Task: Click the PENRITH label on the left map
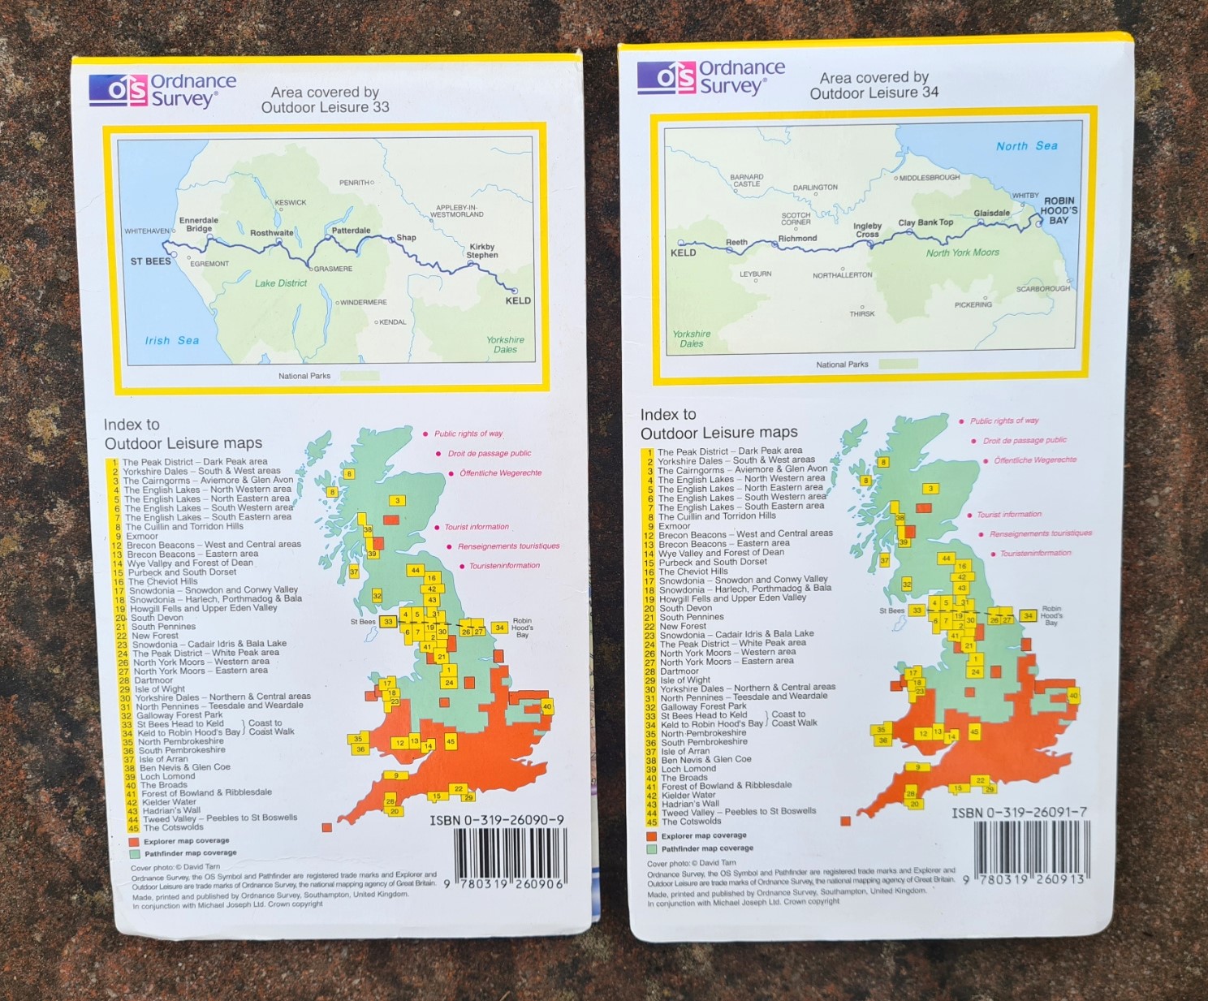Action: pos(355,183)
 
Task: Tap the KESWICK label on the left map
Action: pos(290,202)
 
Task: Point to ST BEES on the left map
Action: pos(151,261)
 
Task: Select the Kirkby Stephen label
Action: pos(481,251)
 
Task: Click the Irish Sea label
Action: pos(172,341)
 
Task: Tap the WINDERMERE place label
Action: pos(363,303)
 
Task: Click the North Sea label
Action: pos(1026,146)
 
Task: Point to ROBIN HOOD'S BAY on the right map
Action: pos(1059,210)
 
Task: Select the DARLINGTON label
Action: pos(815,188)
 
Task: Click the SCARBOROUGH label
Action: pos(1042,289)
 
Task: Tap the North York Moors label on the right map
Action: pos(962,252)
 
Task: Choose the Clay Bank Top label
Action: pos(925,222)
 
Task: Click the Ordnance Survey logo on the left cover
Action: pos(162,90)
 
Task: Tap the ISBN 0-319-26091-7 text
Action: pos(1019,812)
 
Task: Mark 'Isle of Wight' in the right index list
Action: pos(686,680)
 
